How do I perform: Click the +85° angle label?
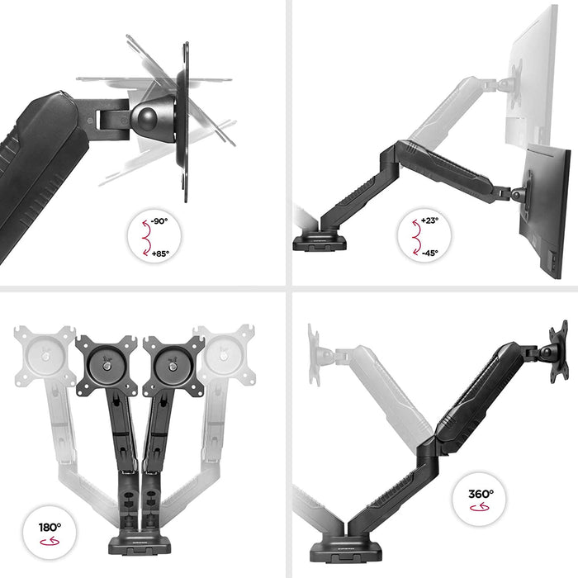[x=160, y=253]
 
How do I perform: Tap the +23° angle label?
[x=430, y=221]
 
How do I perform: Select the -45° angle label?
[x=430, y=253]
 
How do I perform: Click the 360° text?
[x=481, y=494]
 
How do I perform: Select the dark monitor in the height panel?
[x=545, y=211]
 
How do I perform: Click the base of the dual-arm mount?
[x=140, y=545]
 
